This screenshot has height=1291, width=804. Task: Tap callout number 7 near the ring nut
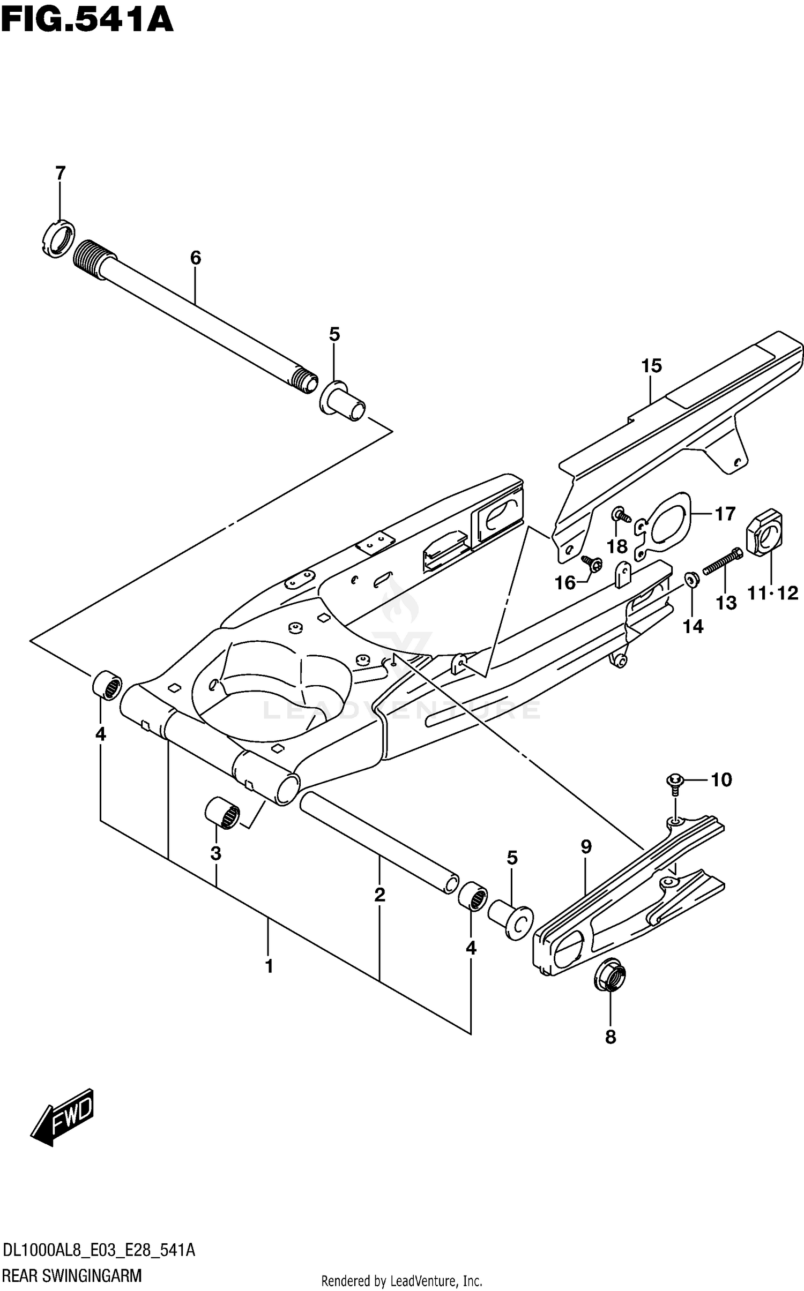60,174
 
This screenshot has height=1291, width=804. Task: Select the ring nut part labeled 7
57,238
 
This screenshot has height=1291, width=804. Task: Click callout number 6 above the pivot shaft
195,258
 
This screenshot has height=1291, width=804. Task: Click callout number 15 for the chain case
651,366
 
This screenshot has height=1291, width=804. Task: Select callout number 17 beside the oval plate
725,514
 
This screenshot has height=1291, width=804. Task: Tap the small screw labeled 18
621,516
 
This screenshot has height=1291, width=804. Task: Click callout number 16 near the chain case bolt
564,583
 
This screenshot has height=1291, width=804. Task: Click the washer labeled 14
691,579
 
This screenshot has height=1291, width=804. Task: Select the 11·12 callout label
772,593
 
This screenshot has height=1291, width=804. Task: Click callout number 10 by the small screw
721,780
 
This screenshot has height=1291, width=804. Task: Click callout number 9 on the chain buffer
586,847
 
